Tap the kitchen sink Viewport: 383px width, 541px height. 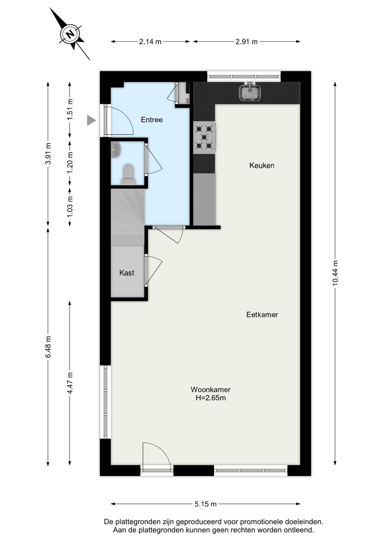click(x=250, y=92)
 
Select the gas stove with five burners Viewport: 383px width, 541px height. click(x=204, y=137)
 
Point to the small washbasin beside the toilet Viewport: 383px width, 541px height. click(x=115, y=149)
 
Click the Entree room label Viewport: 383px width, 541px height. click(x=152, y=120)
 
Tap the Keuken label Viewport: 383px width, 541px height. click(x=262, y=165)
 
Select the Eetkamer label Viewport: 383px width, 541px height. click(x=262, y=314)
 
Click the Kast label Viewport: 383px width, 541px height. click(x=127, y=273)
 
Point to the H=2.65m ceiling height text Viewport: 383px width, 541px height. click(x=211, y=398)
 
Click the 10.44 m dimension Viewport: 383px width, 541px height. click(x=335, y=273)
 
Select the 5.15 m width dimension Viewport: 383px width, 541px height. click(x=206, y=504)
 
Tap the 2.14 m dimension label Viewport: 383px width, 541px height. click(x=150, y=42)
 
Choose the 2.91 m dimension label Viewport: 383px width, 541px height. click(x=246, y=42)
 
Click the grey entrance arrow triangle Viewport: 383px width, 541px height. click(x=91, y=120)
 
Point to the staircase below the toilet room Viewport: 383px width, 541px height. click(x=128, y=217)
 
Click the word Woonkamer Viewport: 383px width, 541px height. click(x=211, y=390)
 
